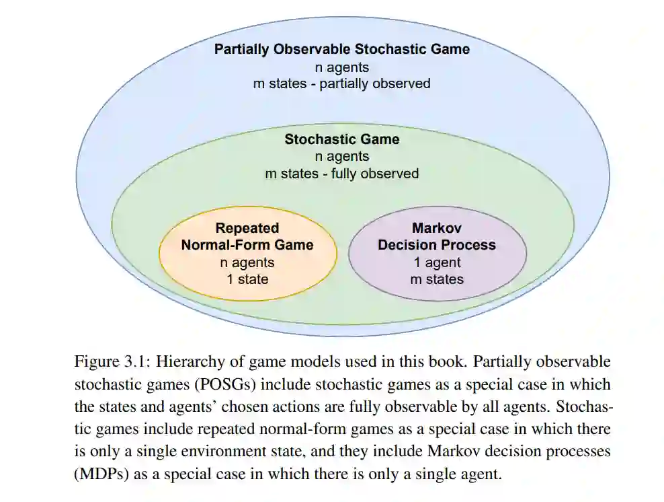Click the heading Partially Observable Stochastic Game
[x=341, y=49]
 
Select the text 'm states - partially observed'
[x=341, y=84]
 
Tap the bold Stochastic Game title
[x=341, y=139]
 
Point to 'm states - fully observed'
[x=341, y=174]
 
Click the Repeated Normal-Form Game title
[x=247, y=237]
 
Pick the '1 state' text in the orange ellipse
[x=247, y=279]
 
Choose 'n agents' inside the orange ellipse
[x=247, y=262]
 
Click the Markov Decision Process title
[x=436, y=237]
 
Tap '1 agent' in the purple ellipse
[x=436, y=262]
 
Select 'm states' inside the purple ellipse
[x=436, y=279]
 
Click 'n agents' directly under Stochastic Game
[x=341, y=157]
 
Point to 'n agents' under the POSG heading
[x=341, y=67]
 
